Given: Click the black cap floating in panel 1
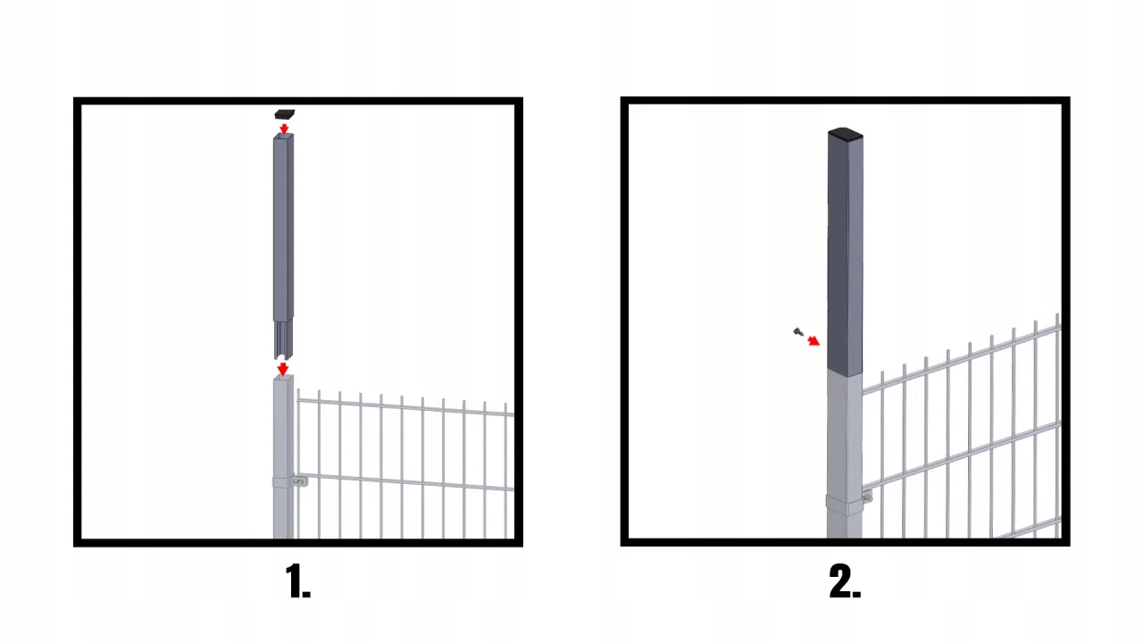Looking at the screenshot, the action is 285,114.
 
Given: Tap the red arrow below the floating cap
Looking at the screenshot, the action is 284,128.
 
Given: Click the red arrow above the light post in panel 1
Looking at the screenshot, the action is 283,369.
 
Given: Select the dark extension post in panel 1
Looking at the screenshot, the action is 284,245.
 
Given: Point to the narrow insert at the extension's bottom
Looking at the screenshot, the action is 283,338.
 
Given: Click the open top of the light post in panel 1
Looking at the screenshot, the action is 284,378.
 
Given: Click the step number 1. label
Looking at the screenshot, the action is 297,580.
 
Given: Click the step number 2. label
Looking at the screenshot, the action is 845,580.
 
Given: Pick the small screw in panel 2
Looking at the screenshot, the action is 798,332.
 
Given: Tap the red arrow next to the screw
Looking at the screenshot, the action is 813,341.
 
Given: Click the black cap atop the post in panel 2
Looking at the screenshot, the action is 845,134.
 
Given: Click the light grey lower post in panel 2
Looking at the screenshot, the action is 845,455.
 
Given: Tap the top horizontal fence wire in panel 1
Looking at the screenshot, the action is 405,406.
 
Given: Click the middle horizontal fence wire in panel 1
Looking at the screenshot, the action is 405,482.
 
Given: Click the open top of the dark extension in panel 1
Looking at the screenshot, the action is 284,137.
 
